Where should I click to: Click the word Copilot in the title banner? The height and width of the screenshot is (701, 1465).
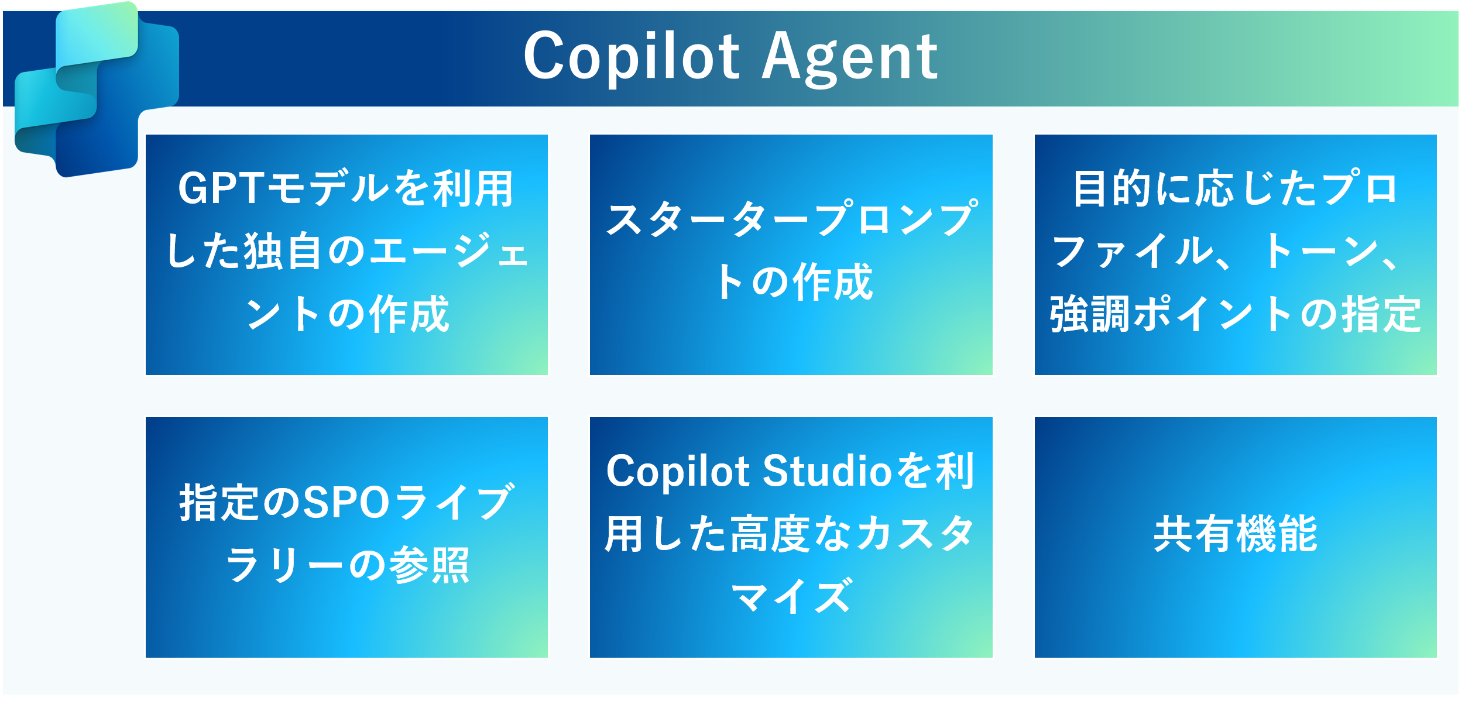coord(632,57)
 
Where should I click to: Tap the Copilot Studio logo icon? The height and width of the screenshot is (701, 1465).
coord(97,89)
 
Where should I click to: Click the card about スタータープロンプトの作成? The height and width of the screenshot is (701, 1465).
coord(791,255)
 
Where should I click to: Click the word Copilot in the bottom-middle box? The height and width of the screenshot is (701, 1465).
coord(678,472)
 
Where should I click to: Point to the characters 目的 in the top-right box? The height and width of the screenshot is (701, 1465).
coord(1112,188)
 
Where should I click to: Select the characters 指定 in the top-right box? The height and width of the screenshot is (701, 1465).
coord(1381,315)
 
